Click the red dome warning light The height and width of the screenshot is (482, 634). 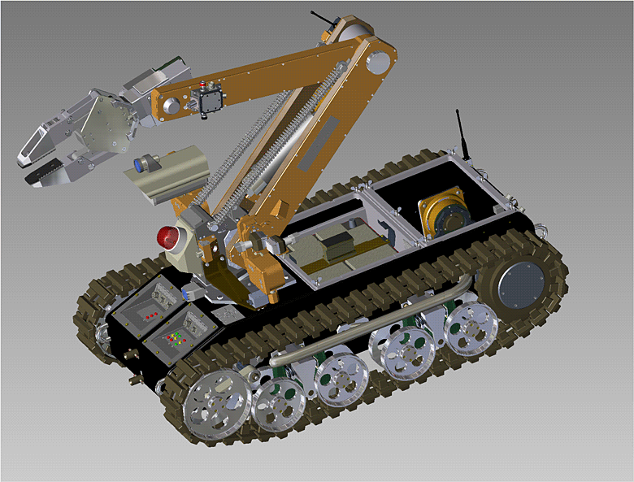(170, 238)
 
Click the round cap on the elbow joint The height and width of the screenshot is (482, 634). (379, 63)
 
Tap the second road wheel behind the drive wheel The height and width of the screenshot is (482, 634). (278, 402)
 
